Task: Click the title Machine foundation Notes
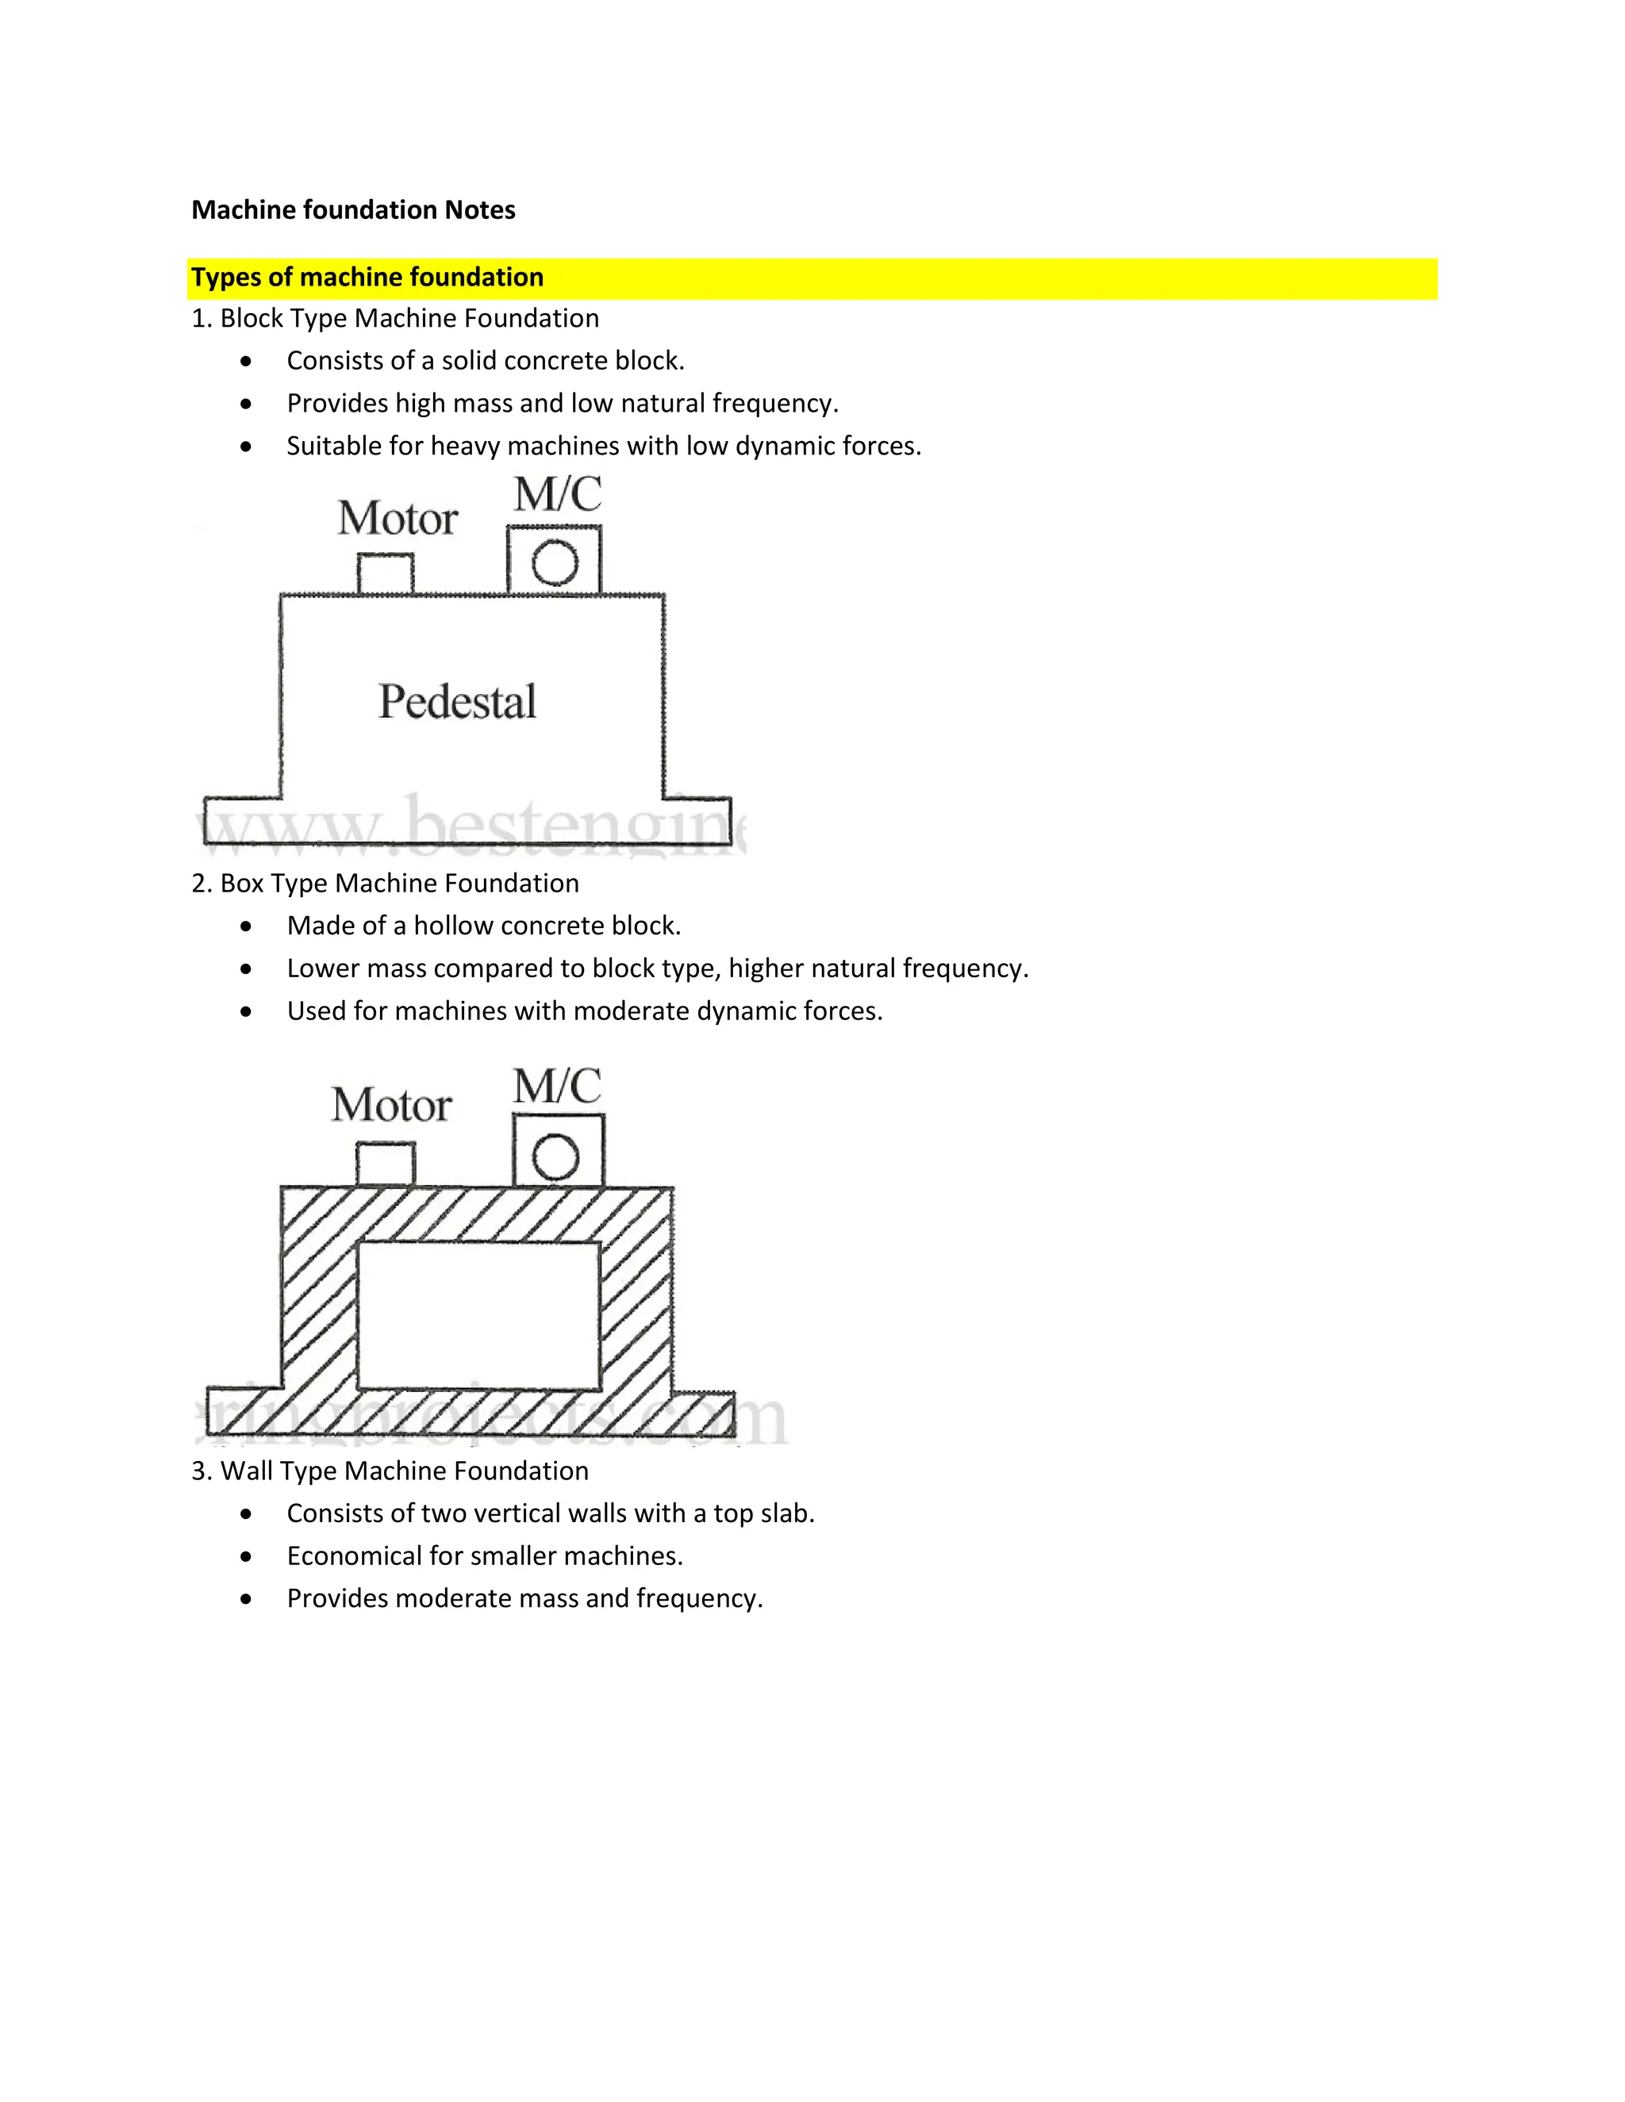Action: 352,210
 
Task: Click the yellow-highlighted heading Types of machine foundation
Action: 367,277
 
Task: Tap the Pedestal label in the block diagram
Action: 457,702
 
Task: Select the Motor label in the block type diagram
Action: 397,519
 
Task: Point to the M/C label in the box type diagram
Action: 557,1086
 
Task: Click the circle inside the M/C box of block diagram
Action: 555,563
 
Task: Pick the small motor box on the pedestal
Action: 385,574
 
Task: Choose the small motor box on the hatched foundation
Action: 385,1164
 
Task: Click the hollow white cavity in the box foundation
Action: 478,1316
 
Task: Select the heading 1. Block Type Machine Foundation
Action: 394,319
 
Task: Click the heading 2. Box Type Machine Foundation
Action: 385,884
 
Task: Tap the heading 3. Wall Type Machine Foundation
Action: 390,1471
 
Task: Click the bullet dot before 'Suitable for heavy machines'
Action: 247,447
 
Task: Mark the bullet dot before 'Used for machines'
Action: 247,1011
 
